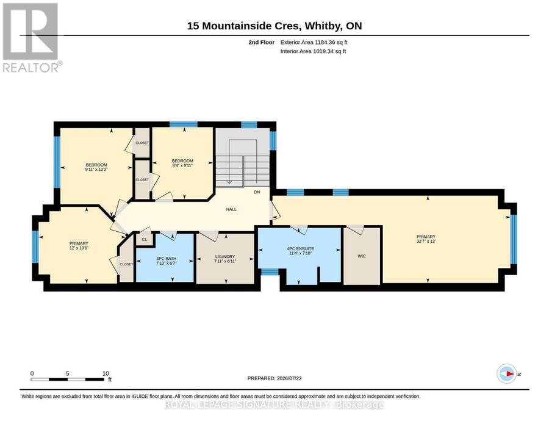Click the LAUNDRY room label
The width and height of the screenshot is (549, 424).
click(x=224, y=257)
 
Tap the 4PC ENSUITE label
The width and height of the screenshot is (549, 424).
click(x=300, y=248)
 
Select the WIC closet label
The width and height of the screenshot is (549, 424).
click(x=362, y=256)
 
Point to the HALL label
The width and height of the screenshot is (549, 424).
click(x=231, y=209)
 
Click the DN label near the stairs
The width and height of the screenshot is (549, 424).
click(x=257, y=192)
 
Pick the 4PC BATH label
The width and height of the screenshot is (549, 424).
click(x=167, y=259)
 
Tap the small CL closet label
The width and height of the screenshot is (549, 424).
click(x=144, y=240)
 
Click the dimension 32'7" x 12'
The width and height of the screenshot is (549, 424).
click(x=426, y=241)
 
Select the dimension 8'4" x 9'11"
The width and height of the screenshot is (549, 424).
click(x=182, y=165)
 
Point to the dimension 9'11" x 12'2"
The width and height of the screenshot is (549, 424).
click(x=96, y=170)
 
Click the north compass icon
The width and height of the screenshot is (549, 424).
click(x=507, y=374)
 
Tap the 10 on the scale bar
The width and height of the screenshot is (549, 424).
click(x=106, y=373)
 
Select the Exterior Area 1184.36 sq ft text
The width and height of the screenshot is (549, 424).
click(x=314, y=42)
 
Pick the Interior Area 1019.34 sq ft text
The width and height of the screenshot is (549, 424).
click(x=313, y=51)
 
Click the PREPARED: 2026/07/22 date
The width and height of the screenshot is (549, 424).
click(x=274, y=378)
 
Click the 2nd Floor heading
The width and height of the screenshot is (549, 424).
click(x=262, y=42)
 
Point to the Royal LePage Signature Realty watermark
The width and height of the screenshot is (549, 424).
click(x=274, y=404)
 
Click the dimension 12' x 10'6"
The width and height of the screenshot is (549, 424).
click(x=79, y=248)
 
